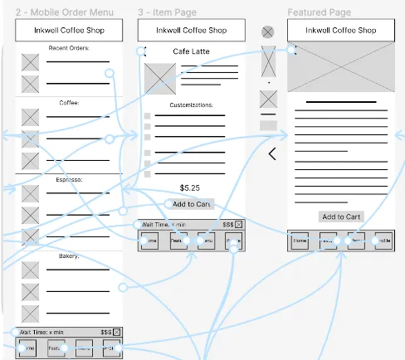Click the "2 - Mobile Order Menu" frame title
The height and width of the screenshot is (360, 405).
(x=65, y=13)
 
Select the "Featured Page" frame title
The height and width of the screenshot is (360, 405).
(x=319, y=13)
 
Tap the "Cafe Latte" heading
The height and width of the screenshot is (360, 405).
(x=191, y=51)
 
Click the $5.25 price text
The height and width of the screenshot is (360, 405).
(x=190, y=188)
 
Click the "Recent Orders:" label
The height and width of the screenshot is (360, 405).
(x=69, y=48)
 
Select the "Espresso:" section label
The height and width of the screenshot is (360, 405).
(x=69, y=179)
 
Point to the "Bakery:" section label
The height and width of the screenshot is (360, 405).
(x=69, y=256)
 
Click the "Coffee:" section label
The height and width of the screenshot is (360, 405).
(x=69, y=103)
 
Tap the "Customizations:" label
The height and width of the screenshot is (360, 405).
(x=191, y=105)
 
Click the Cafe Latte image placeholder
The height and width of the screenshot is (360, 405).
(x=160, y=79)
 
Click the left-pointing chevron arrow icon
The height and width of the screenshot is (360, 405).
(x=271, y=153)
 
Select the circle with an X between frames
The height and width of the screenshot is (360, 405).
(x=267, y=32)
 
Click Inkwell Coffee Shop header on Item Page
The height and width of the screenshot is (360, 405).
(x=191, y=31)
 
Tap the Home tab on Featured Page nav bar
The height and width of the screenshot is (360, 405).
(x=300, y=241)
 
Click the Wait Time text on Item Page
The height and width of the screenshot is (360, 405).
(x=163, y=225)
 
